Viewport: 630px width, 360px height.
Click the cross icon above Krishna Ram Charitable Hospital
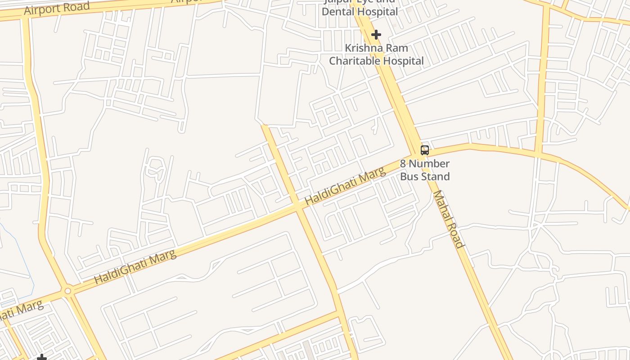click(x=376, y=35)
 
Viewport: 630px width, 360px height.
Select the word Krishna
click(x=363, y=48)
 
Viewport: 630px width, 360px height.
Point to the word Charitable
click(x=355, y=61)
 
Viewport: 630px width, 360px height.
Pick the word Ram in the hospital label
click(x=397, y=48)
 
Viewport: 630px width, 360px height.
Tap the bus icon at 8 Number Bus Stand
click(x=425, y=150)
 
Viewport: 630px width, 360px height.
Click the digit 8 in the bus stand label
click(x=403, y=163)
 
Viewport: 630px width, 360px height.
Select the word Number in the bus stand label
click(x=429, y=163)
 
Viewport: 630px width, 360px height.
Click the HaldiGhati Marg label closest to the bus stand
click(x=345, y=186)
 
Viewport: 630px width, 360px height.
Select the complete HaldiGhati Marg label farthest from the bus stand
click(x=135, y=267)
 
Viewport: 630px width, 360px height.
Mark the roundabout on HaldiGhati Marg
click(x=68, y=291)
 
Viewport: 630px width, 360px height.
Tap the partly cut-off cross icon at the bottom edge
click(x=42, y=357)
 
